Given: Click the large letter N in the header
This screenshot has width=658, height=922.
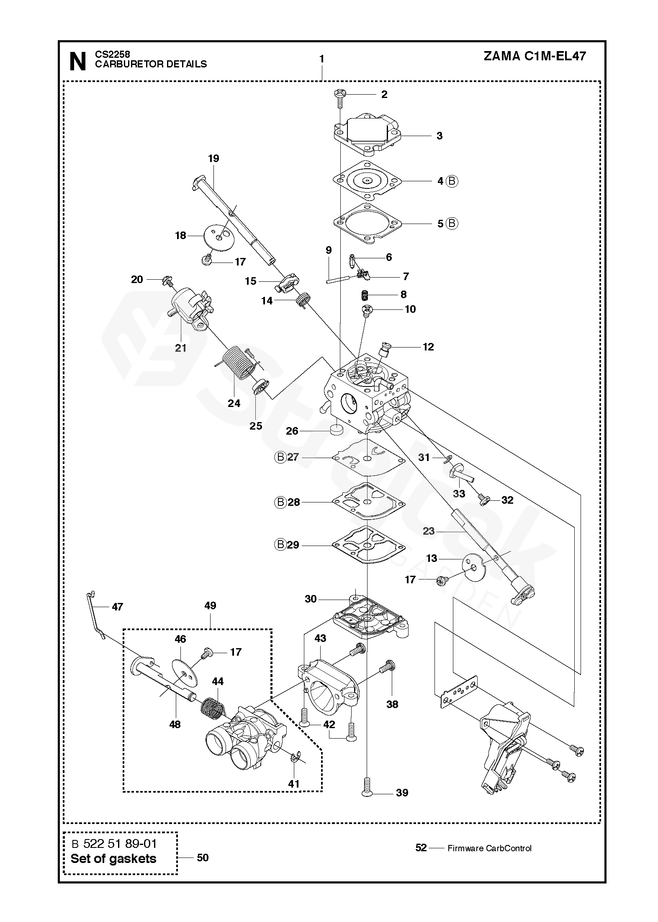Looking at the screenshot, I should [x=78, y=61].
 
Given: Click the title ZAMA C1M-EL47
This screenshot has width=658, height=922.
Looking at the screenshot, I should [x=535, y=57].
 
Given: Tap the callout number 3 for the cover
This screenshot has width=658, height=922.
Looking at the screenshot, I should [x=439, y=136].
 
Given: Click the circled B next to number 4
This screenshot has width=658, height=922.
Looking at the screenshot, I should [x=452, y=181].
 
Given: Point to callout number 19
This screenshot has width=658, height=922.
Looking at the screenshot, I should [x=213, y=158].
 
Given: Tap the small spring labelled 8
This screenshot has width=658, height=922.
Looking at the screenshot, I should [x=365, y=295].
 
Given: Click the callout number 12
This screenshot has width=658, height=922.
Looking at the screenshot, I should [x=428, y=347].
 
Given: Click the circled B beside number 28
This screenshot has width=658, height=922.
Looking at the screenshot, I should [x=280, y=502].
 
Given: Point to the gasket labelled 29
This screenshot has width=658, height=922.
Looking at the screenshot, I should [x=367, y=545].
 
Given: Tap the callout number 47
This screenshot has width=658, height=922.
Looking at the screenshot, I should [x=118, y=607].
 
